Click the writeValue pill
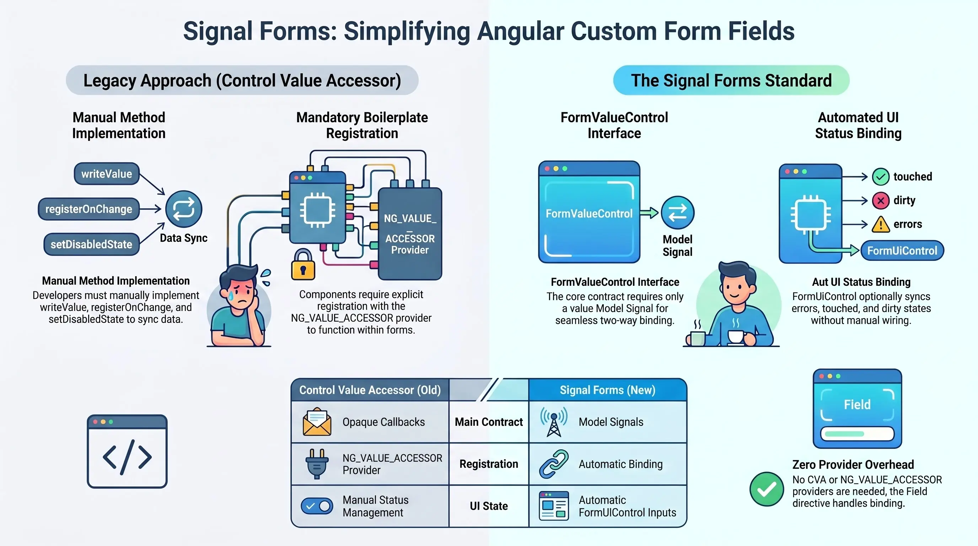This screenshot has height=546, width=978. [107, 174]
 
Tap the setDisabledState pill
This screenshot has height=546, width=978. [91, 244]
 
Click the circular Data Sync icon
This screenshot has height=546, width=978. [184, 209]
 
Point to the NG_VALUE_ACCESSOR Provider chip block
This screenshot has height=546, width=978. [410, 234]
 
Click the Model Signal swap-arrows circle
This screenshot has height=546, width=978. [677, 213]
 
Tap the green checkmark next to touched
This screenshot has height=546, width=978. [880, 177]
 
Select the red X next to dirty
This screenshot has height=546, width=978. [880, 200]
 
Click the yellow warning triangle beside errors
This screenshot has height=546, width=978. [880, 224]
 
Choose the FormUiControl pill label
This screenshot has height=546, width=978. [902, 251]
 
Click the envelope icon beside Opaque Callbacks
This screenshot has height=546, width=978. [317, 422]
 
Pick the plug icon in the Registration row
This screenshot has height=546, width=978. [317, 464]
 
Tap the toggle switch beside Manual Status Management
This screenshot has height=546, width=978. [317, 506]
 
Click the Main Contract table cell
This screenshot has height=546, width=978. [489, 422]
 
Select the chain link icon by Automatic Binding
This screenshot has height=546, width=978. [554, 464]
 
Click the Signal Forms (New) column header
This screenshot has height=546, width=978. [607, 390]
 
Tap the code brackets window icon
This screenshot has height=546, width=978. [127, 451]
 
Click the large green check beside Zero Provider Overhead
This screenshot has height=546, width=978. [767, 489]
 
